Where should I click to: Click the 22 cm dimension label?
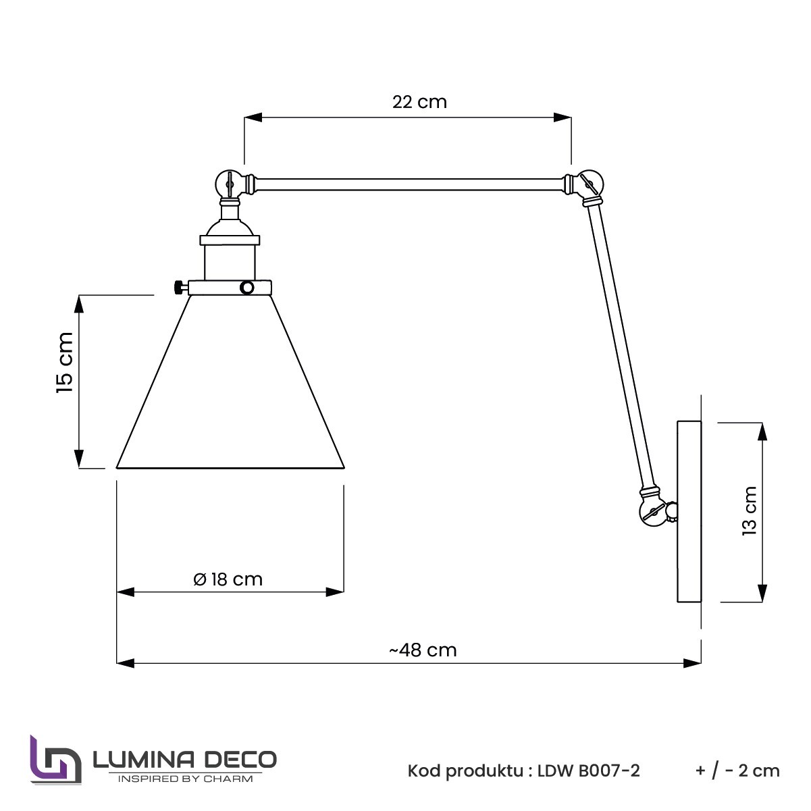pos(419,102)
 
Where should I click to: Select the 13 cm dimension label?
pos(750,511)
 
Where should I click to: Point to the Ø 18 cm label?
pos(228,579)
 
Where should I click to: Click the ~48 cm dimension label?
pos(423,650)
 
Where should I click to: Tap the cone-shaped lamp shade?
pos(231,392)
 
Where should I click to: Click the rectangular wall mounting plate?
pos(689,511)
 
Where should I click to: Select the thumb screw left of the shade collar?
pos(178,288)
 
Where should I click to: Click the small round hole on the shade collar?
pos(247,288)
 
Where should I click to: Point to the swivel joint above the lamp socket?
pos(230,182)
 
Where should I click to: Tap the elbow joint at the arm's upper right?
pos(587,183)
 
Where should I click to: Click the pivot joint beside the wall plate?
pos(654,511)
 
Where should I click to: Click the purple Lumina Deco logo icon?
pos(55,761)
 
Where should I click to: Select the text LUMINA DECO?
pos(184,759)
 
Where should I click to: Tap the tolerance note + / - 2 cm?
pos(737,770)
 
